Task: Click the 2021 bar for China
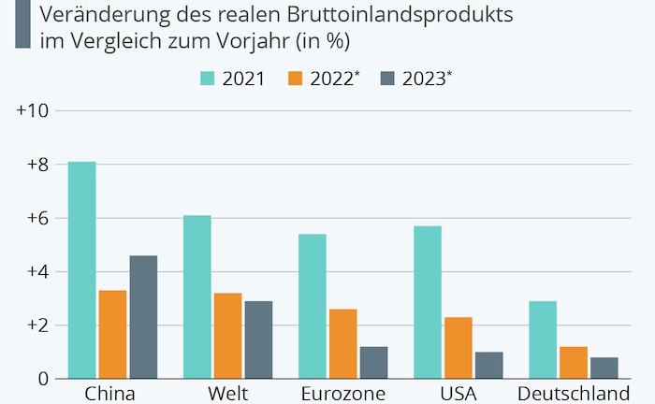pos(81,270)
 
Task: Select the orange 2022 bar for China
pos(112,335)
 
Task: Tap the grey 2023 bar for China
pos(143,317)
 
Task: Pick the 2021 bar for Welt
pos(196,297)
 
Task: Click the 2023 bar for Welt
pos(258,340)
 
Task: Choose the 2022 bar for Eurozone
pos(342,344)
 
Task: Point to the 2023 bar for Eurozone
pos(373,363)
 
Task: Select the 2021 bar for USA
pos(427,303)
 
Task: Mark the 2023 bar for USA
pos(488,366)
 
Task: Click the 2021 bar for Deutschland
pos(542,340)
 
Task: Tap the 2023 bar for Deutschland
pos(604,368)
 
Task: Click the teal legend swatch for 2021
pos(208,79)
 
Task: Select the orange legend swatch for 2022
pos(296,79)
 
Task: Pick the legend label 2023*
pos(429,79)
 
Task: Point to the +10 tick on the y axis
pos(34,111)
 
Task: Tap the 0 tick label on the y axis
pos(42,380)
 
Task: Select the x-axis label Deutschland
pos(572,393)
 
